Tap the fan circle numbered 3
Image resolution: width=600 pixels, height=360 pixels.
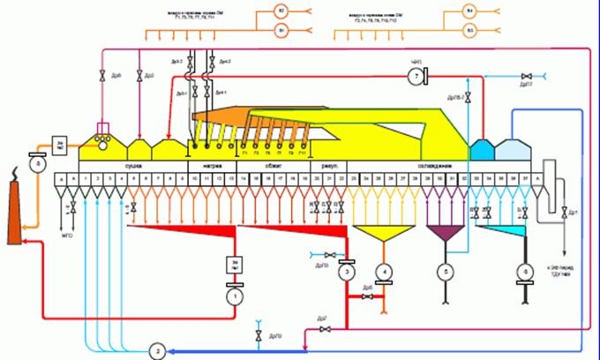(348, 273)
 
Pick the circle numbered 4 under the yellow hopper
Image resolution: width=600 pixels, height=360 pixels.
(383, 272)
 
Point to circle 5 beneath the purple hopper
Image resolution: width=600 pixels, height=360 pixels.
(447, 272)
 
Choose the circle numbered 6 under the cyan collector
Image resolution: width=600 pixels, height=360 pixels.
(527, 272)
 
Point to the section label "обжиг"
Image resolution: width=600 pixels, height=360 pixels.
(274, 166)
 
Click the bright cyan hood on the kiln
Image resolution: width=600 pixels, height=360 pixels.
(481, 149)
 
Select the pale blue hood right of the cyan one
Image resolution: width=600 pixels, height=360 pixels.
(512, 149)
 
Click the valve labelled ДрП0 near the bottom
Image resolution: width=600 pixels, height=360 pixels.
(258, 334)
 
